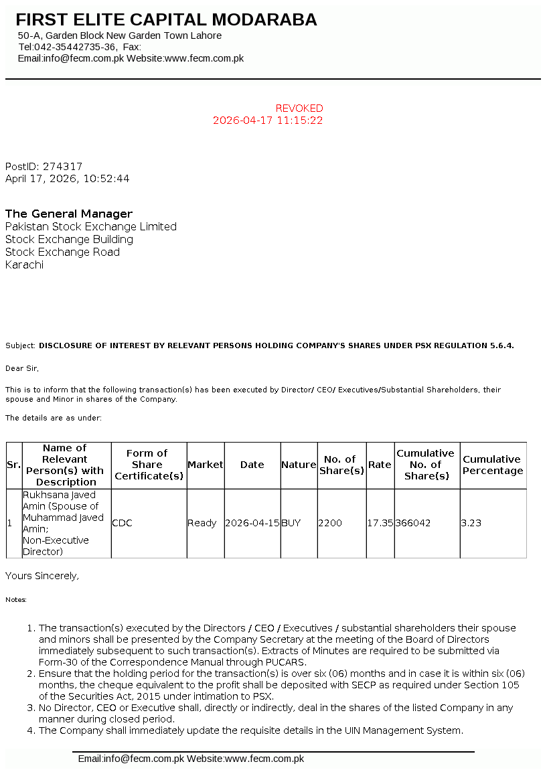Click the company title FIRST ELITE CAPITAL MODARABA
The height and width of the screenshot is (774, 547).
(166, 20)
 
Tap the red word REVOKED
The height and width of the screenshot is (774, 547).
(299, 108)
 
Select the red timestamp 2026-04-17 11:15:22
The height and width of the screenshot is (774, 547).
(268, 121)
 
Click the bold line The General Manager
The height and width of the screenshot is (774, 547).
(69, 214)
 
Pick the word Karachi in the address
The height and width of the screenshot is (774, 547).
(24, 264)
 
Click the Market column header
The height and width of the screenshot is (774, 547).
(206, 465)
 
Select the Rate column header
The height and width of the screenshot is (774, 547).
(380, 465)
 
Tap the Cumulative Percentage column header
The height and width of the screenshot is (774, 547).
(493, 465)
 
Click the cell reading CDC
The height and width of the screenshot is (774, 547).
(122, 523)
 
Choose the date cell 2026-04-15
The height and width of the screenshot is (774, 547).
(252, 523)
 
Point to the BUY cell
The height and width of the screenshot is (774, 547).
(291, 523)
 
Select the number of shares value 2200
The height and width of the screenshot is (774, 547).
(330, 523)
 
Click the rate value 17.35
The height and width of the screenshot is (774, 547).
(380, 523)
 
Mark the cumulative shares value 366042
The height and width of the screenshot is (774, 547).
(413, 523)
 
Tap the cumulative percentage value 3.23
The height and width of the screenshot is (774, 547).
(471, 523)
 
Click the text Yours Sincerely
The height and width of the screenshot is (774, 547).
(42, 576)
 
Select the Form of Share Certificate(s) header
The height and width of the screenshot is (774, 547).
(149, 465)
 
